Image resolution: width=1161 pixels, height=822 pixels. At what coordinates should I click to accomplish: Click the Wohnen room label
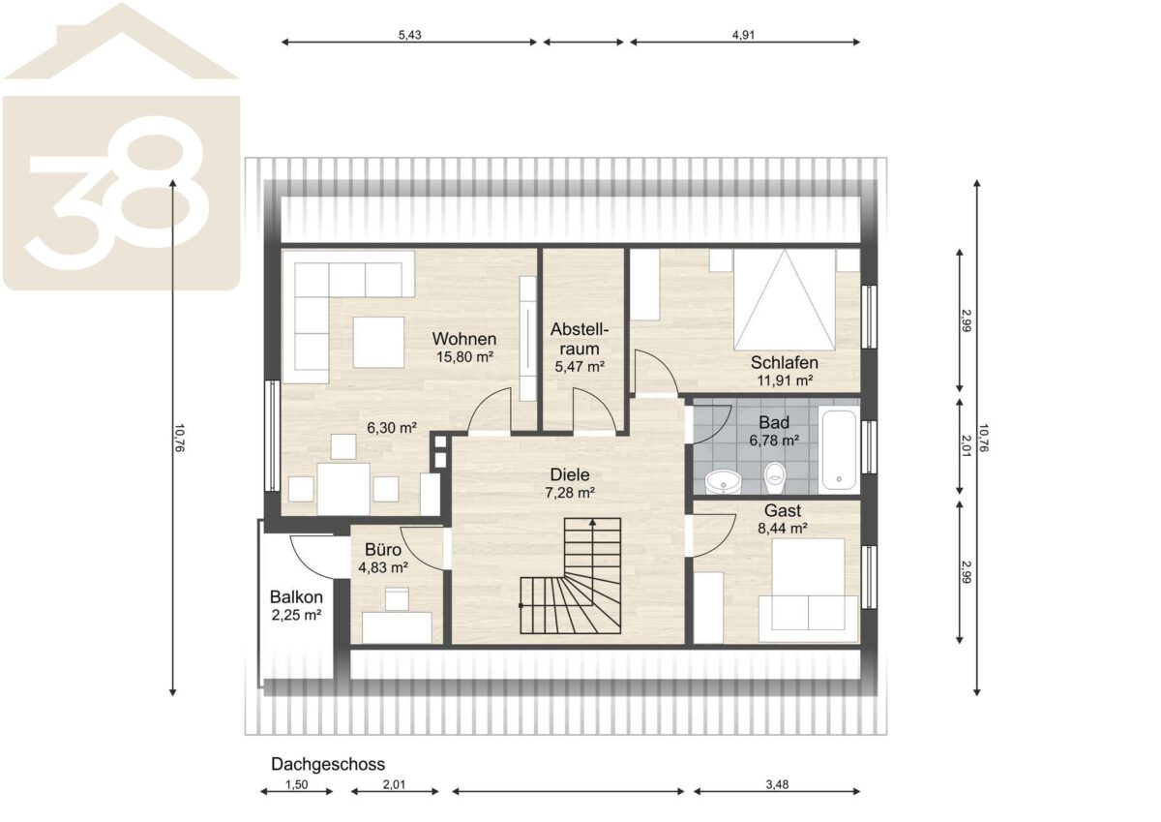(x=463, y=339)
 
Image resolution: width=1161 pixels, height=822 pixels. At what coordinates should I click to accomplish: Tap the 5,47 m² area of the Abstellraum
(x=580, y=367)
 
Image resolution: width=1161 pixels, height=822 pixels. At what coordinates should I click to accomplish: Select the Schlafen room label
(x=785, y=362)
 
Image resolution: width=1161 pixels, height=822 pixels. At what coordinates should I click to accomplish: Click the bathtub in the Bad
(x=839, y=449)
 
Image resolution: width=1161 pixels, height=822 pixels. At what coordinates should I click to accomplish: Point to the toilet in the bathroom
(x=775, y=477)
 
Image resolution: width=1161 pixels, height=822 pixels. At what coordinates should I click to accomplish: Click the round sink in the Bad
(x=724, y=482)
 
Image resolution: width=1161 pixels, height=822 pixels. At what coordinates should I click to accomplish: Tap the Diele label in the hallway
(x=570, y=474)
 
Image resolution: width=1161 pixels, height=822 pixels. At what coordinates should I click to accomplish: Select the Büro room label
(x=383, y=549)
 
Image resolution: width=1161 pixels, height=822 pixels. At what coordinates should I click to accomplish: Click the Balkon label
(x=296, y=597)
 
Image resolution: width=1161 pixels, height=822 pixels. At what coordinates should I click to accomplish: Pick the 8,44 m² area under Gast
(x=783, y=529)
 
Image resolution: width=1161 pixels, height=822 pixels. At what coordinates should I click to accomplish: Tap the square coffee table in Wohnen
(x=378, y=343)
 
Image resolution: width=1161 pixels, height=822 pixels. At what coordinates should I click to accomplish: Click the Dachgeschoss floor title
(x=328, y=764)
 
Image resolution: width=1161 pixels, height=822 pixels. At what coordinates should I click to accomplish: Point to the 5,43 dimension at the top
(x=409, y=35)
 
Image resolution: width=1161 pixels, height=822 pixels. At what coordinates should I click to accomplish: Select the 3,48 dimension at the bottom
(x=777, y=784)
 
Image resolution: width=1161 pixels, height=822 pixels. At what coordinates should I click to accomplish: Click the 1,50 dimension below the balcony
(x=296, y=784)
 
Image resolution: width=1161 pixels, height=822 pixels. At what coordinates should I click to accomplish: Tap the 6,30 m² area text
(x=392, y=428)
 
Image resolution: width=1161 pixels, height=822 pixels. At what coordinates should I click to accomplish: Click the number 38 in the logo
(x=119, y=192)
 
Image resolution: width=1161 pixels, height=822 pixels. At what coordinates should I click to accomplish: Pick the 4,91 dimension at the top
(x=743, y=35)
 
